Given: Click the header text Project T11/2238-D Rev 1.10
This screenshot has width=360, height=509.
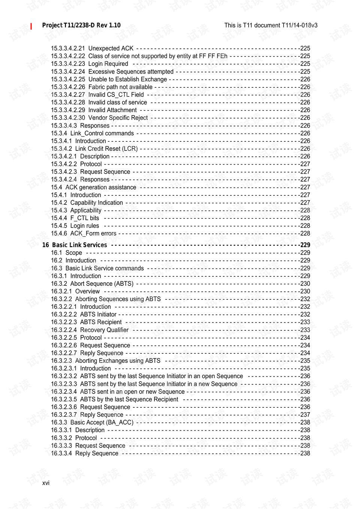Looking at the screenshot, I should tap(81, 26).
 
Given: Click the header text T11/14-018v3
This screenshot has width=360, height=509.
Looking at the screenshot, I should tap(299, 26).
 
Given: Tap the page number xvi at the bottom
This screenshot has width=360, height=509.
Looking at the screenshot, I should tap(46, 483).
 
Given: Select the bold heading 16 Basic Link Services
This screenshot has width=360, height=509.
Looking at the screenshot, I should tap(75, 245).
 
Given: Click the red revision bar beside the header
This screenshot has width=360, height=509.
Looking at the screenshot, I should tap(31, 26).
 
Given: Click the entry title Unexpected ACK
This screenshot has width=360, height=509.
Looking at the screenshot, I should tap(111, 48).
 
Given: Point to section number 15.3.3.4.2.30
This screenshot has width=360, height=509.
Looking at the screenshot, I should tap(68, 118).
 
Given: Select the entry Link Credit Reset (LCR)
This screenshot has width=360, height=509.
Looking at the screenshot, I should tap(106, 149).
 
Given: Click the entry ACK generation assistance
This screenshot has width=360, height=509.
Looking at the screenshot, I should tap(100, 187).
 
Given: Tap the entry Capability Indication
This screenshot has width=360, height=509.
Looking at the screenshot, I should tap(96, 203).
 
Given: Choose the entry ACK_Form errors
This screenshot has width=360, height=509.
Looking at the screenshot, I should tap(93, 233).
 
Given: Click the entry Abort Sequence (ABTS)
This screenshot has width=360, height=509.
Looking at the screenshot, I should tap(102, 284).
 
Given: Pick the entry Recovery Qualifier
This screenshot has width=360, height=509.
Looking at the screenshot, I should tap(104, 330).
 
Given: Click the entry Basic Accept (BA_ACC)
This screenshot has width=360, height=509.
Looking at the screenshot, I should tap(102, 422).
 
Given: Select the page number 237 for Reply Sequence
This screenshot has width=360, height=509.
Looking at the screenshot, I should tap(305, 415).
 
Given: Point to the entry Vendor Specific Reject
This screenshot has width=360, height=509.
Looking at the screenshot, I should tap(118, 118).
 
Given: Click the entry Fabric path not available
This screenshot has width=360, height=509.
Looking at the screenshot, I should tap(120, 87).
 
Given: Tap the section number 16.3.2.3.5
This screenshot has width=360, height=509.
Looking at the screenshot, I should tap(64, 399).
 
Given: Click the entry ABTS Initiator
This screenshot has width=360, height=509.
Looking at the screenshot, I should tap(98, 314).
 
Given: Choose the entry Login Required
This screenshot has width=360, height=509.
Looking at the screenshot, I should tap(108, 64).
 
